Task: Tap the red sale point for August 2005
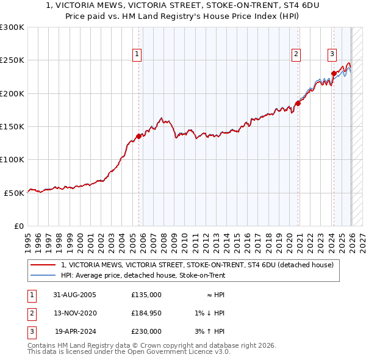[138, 137]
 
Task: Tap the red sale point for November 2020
[298, 104]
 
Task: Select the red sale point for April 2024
[334, 74]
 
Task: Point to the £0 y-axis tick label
[20, 226]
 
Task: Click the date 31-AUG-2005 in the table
[74, 294]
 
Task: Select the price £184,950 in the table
[146, 313]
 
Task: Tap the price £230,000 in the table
[146, 332]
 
